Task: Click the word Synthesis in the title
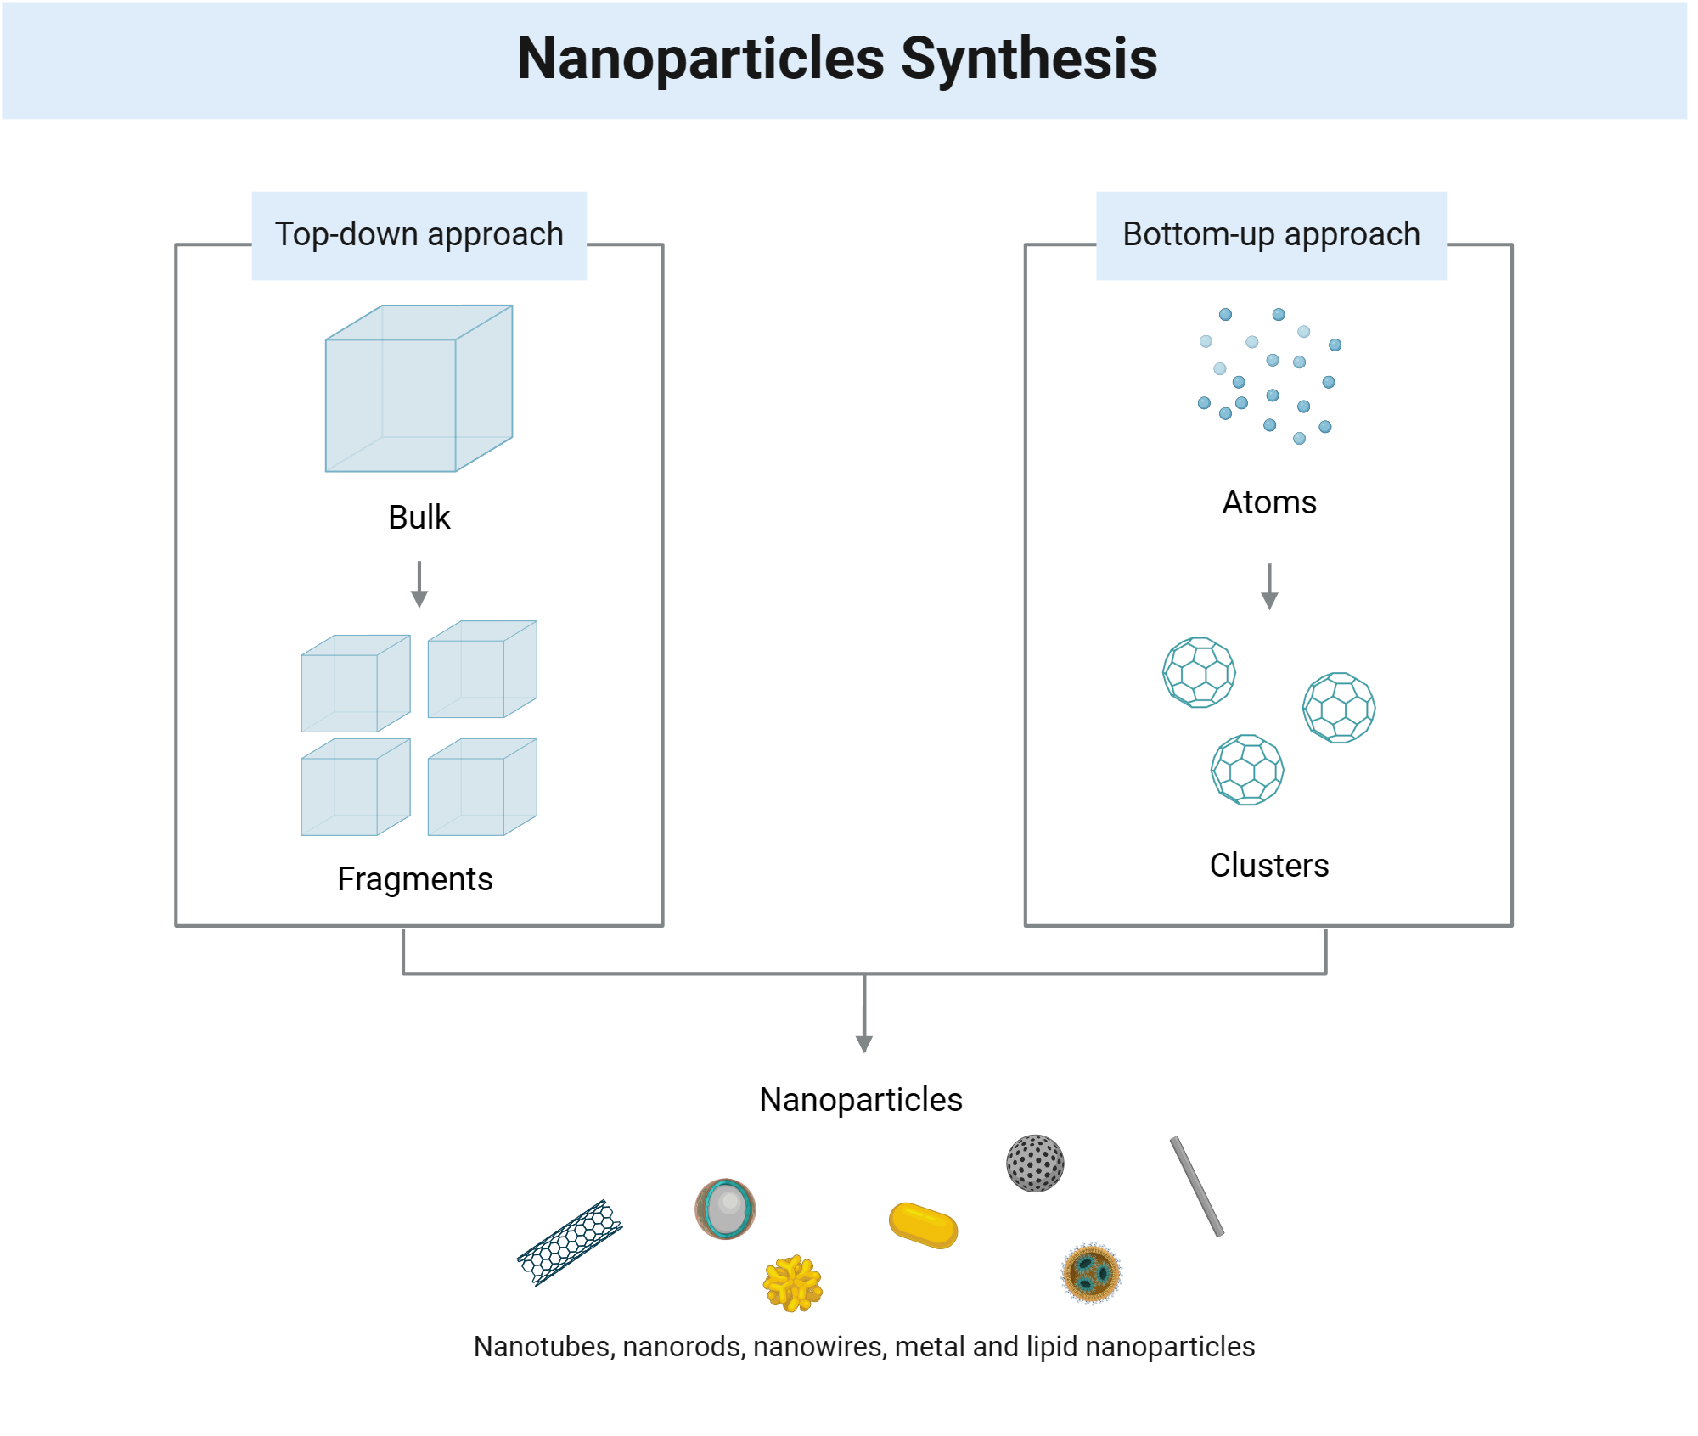click(1028, 59)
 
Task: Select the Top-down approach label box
click(419, 235)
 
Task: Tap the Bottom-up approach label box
click(1270, 235)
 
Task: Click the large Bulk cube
click(419, 389)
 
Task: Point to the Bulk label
click(419, 518)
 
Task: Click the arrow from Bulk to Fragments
click(419, 585)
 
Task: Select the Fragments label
click(414, 879)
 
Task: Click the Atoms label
click(1268, 502)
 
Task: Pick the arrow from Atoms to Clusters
click(1269, 586)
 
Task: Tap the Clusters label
click(1268, 866)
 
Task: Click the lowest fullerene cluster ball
click(1246, 770)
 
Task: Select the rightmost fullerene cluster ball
click(1338, 708)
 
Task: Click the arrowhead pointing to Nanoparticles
click(864, 1044)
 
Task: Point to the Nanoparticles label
click(860, 1100)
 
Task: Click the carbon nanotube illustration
click(570, 1242)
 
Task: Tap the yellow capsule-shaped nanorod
click(923, 1226)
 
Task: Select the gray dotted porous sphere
click(1034, 1164)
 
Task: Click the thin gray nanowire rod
click(1196, 1186)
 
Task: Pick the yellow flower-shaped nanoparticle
click(792, 1284)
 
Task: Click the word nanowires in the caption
click(819, 1347)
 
